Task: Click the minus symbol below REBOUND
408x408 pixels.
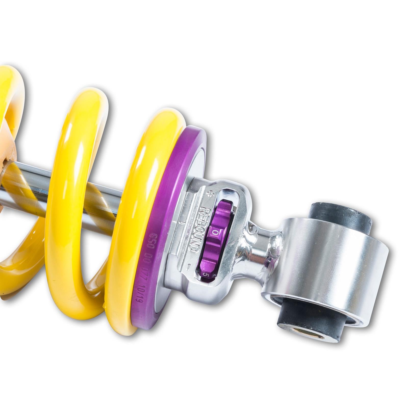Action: point(188,266)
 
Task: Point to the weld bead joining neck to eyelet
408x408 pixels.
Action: point(275,242)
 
